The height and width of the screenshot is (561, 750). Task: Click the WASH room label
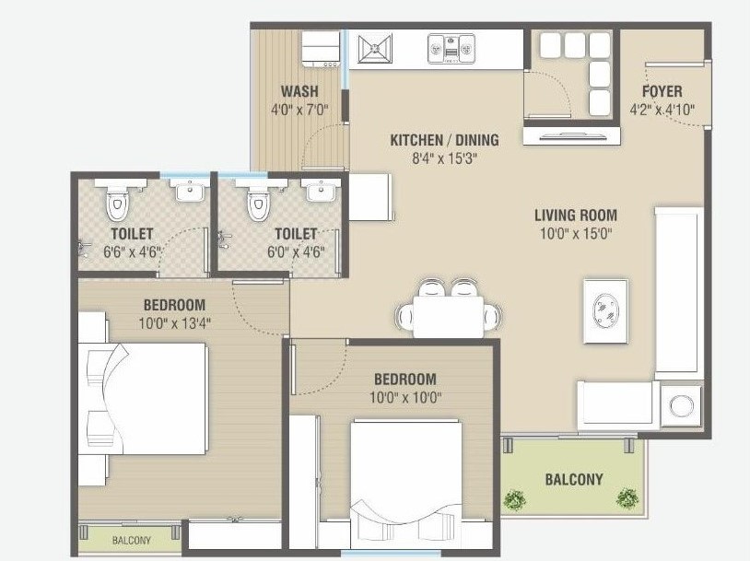[x=299, y=91]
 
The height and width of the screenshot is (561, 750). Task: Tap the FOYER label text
[x=662, y=91]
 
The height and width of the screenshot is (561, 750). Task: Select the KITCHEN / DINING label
[x=444, y=140]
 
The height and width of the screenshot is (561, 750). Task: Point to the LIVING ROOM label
[x=576, y=216]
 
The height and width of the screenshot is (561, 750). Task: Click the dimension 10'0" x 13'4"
[x=173, y=323]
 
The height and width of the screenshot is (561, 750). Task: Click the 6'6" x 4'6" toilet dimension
[x=131, y=251]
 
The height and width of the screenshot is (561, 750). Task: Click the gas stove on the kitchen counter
[x=451, y=48]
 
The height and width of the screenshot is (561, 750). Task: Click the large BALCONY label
[x=573, y=479]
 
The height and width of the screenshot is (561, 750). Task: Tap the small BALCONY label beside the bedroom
[x=133, y=540]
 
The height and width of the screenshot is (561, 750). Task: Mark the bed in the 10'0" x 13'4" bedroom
[x=147, y=398]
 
